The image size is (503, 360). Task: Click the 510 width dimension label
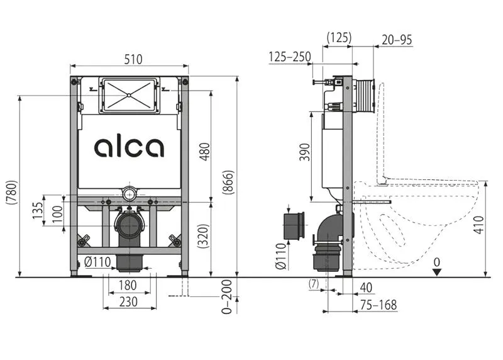133,59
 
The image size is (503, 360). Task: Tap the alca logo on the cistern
129,147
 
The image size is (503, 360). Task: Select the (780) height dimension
11,193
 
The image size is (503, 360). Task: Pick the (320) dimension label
203,236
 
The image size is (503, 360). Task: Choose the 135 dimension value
38,210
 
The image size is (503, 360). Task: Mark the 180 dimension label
128,285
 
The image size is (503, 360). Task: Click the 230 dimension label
128,302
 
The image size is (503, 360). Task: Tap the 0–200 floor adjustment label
226,296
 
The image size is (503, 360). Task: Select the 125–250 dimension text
290,57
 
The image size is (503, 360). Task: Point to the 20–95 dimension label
397,40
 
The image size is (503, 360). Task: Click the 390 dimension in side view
305,152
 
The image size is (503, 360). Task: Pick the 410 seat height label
478,225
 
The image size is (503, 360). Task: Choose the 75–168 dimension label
379,305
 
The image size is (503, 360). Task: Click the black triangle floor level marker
436,273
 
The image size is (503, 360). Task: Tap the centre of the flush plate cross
129,95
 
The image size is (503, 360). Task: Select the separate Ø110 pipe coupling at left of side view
294,226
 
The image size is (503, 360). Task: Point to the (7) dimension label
314,284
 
